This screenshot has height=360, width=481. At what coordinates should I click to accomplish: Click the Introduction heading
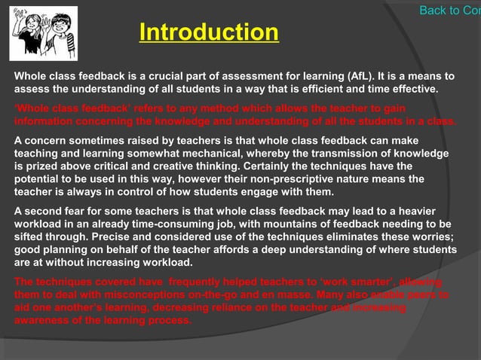coord(209,32)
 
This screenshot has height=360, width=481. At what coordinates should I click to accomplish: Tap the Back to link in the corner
coord(449,10)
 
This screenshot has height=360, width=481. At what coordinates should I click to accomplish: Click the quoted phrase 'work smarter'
coord(363,282)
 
